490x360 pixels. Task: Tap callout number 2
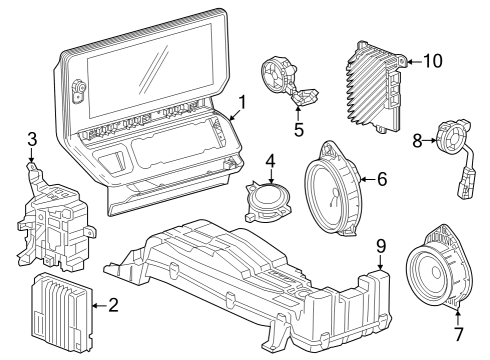(113, 306)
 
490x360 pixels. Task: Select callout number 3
(32, 138)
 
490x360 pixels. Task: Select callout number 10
(432, 60)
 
